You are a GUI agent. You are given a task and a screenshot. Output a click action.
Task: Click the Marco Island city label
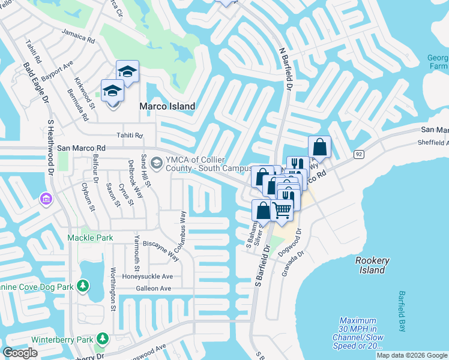pos(167,106)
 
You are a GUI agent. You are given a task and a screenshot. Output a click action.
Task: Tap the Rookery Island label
pos(372,265)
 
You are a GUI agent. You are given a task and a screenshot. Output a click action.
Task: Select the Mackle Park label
pos(91,238)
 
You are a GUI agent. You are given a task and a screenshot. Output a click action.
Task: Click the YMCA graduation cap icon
pos(156,163)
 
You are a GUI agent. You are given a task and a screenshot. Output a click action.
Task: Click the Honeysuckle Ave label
pos(148,277)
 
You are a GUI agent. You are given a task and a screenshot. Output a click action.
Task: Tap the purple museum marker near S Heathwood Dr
pos(46,198)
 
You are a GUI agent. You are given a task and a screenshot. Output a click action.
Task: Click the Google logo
pos(19,353)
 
